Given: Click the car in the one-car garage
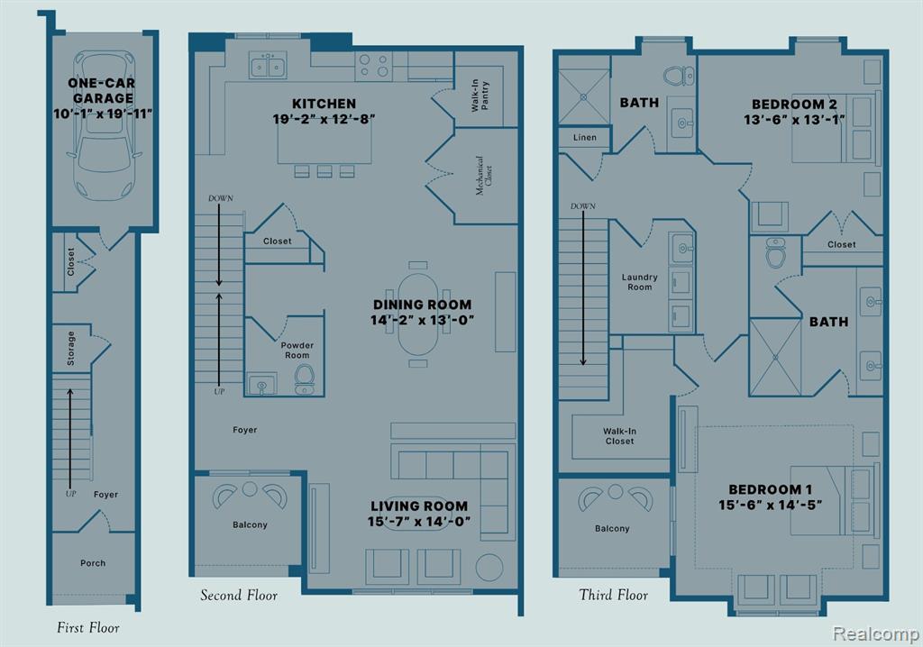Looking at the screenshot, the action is (105, 125).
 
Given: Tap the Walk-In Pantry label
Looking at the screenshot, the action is (480, 96).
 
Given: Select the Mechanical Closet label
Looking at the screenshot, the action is (483, 176).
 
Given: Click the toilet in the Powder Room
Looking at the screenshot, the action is (305, 378).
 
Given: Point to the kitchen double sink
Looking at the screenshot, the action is (268, 65).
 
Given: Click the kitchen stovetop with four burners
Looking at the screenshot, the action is (374, 66).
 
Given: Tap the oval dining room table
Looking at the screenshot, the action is (418, 314).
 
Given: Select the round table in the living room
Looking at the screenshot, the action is (489, 567).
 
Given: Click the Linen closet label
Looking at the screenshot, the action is (584, 137).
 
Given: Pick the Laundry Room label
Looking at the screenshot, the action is (639, 282).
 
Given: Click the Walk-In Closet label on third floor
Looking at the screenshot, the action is (619, 435).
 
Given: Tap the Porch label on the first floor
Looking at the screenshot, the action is (93, 563).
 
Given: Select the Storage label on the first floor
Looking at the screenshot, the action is (70, 348).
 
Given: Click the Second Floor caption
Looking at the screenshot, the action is (238, 596).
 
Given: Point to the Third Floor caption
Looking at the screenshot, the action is (613, 595).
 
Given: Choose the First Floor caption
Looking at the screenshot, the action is (88, 627).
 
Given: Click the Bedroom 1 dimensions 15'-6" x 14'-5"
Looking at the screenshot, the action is (770, 505).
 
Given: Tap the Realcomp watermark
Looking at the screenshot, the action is (875, 633).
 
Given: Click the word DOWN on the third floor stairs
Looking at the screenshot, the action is (583, 206).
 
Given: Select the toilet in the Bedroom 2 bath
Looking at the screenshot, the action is (680, 76).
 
